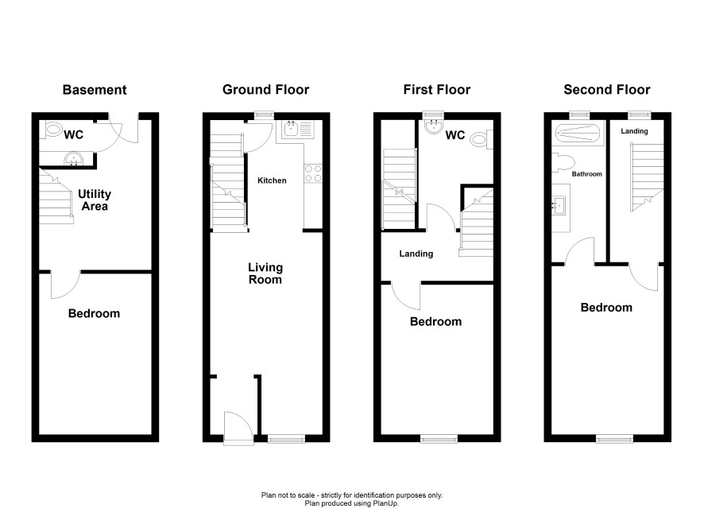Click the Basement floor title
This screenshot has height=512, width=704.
tap(95, 90)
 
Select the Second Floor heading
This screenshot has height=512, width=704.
tap(606, 90)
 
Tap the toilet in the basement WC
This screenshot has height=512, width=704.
tap(52, 130)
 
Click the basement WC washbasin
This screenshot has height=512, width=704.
tap(73, 159)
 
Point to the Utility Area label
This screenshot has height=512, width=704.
tap(95, 200)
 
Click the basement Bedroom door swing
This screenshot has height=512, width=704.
tap(65, 285)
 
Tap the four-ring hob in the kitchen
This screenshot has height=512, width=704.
tap(313, 173)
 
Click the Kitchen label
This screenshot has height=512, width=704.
tap(272, 180)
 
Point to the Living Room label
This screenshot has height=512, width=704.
tap(265, 273)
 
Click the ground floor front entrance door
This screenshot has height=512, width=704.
tap(238, 428)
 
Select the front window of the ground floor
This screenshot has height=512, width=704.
tap(287, 438)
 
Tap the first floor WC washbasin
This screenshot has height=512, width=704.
tap(434, 126)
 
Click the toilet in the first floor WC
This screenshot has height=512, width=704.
tap(481, 139)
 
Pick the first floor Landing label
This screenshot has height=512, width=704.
tap(416, 254)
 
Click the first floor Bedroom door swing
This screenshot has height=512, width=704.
tap(406, 296)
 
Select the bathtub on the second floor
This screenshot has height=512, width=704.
tap(577, 133)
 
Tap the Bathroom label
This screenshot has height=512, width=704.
tap(586, 174)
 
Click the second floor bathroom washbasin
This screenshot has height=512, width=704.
tap(560, 206)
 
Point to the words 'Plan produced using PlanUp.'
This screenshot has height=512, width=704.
tap(351, 503)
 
